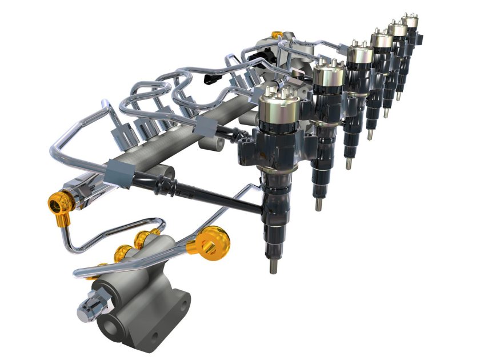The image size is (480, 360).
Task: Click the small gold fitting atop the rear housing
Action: [x=277, y=35]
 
